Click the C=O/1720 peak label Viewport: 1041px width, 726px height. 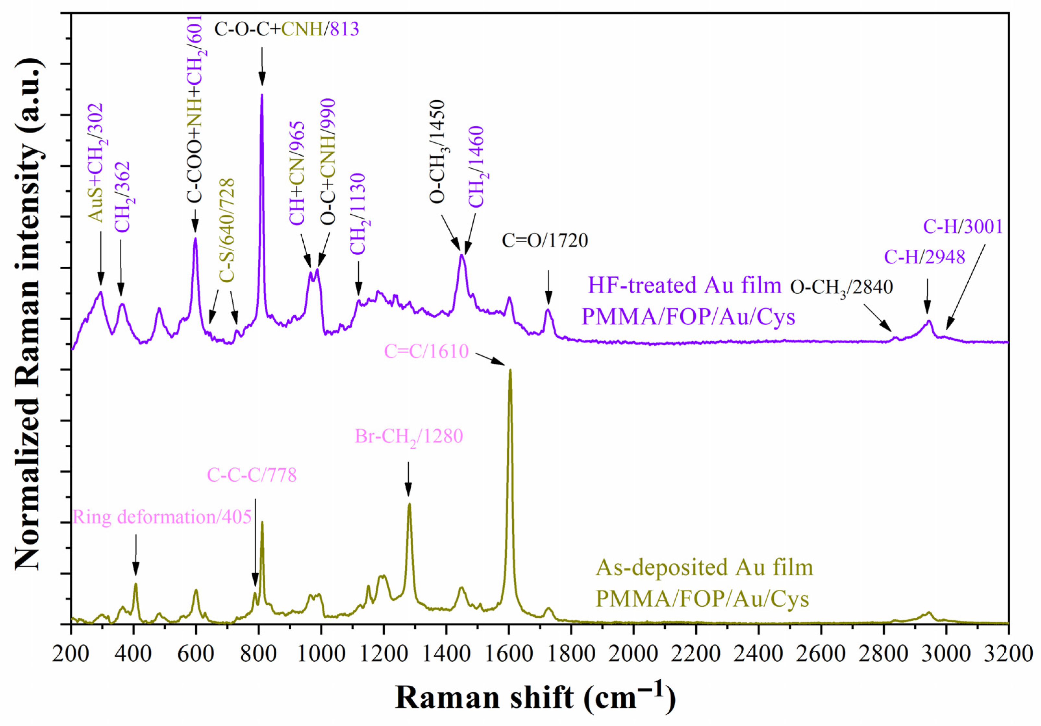(x=545, y=240)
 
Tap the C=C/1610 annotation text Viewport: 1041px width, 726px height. (x=426, y=351)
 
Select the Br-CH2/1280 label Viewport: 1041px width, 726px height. (x=408, y=437)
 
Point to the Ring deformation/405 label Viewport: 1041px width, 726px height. (x=162, y=517)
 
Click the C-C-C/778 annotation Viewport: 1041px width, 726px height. (x=252, y=475)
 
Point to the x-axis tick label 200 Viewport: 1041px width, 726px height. (x=71, y=654)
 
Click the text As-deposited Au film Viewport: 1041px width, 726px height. (x=704, y=568)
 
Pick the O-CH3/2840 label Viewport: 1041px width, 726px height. (x=841, y=287)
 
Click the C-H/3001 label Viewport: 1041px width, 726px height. (x=963, y=227)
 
